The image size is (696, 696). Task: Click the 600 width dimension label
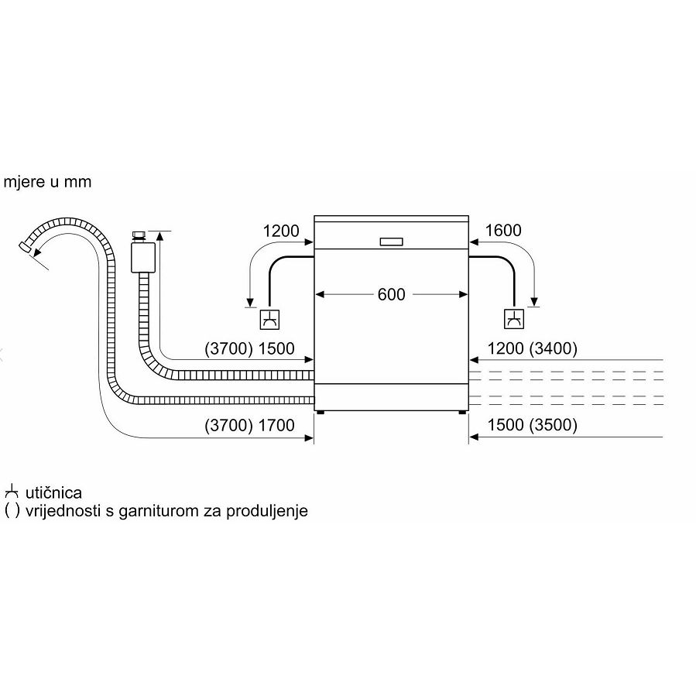[391, 295]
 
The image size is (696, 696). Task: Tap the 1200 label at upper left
[279, 231]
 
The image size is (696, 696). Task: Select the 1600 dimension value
[503, 231]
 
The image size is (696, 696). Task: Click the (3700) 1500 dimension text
[249, 349]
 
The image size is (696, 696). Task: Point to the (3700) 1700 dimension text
[249, 425]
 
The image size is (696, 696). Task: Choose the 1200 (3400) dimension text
[533, 349]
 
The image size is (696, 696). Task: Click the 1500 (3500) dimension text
[533, 425]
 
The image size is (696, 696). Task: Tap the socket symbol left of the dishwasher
[269, 318]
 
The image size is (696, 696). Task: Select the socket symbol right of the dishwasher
[513, 318]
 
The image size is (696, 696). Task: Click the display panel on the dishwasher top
[391, 241]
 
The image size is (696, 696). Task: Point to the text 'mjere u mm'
[47, 183]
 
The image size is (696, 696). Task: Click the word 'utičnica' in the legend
[53, 493]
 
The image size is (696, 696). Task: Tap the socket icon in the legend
[11, 492]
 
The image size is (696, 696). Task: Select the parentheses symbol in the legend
[12, 511]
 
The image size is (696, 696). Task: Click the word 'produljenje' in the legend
[270, 511]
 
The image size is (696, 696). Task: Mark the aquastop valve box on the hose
[141, 255]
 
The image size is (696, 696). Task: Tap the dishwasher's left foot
[321, 413]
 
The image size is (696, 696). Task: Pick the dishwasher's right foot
[461, 413]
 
